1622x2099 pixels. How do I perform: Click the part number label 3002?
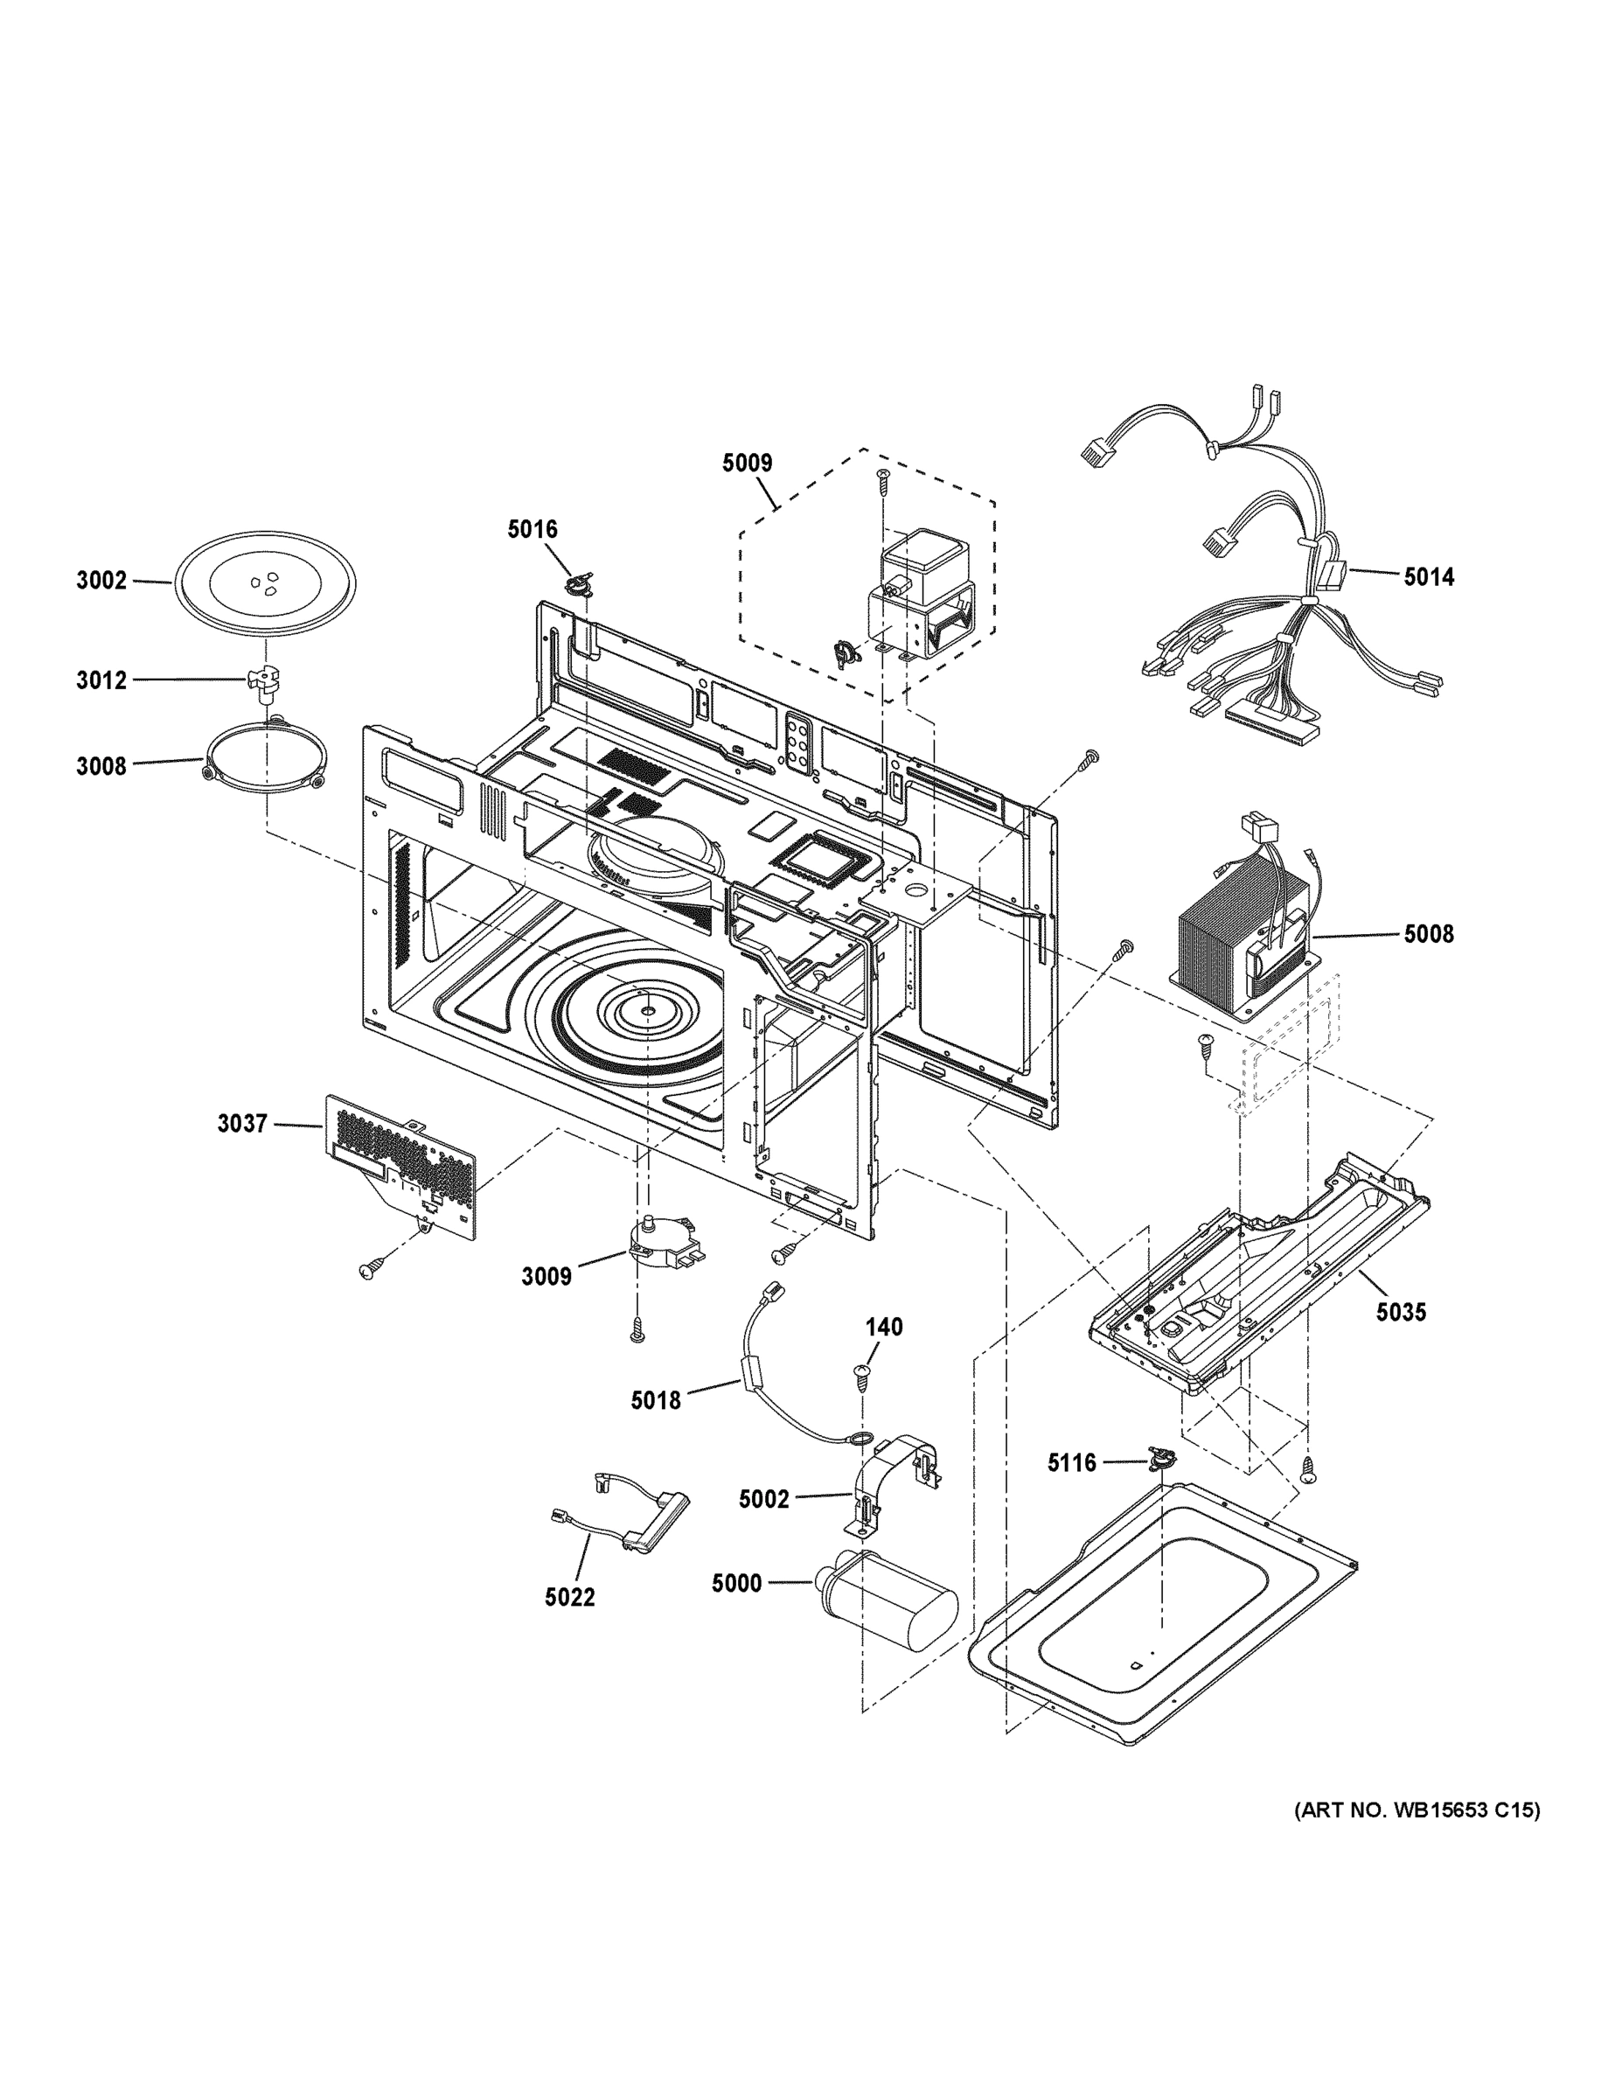(x=101, y=581)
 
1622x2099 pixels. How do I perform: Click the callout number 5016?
(x=533, y=528)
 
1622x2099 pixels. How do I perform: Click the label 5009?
(x=747, y=464)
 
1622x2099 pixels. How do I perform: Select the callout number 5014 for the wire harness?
(x=1428, y=576)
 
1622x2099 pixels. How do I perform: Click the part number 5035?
(x=1400, y=1311)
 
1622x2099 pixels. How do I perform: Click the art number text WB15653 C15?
(x=1417, y=1810)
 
